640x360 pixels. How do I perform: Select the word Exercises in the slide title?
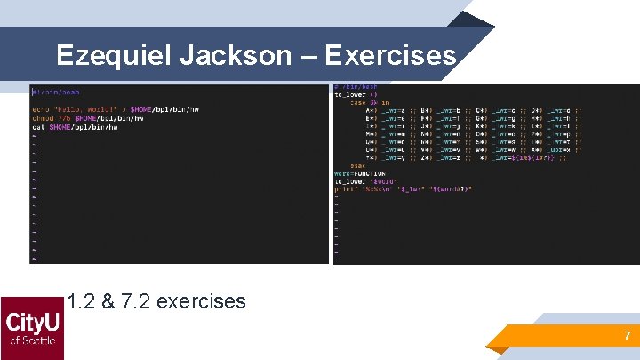390,56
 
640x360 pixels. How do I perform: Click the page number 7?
627,336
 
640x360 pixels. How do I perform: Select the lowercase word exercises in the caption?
200,301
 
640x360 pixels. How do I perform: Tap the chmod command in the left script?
42,117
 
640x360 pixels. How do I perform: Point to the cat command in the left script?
37,127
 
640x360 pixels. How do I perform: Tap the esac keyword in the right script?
357,164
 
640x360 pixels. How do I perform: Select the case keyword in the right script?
356,102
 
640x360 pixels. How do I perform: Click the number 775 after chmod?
65,117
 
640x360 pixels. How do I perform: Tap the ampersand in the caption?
107,301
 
